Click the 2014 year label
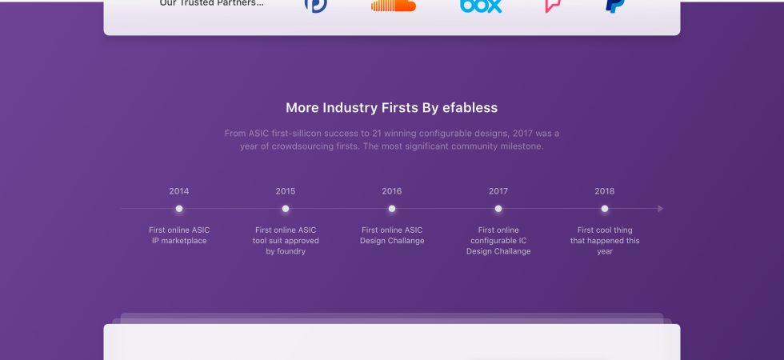tap(179, 191)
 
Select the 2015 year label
tap(286, 191)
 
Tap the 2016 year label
tap(392, 191)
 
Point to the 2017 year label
tap(498, 191)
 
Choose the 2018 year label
tap(605, 191)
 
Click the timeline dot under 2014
tap(179, 209)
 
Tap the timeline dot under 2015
tap(286, 209)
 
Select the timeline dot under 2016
tap(392, 209)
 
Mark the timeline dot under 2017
tap(498, 209)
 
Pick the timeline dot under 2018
tap(605, 209)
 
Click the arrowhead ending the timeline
tap(661, 209)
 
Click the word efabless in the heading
tap(470, 107)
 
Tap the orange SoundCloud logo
tap(394, 5)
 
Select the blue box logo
tap(481, 6)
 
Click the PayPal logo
tap(615, 6)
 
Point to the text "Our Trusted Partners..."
tap(211, 3)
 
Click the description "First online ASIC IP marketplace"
tap(179, 235)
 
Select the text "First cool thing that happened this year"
tap(605, 241)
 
